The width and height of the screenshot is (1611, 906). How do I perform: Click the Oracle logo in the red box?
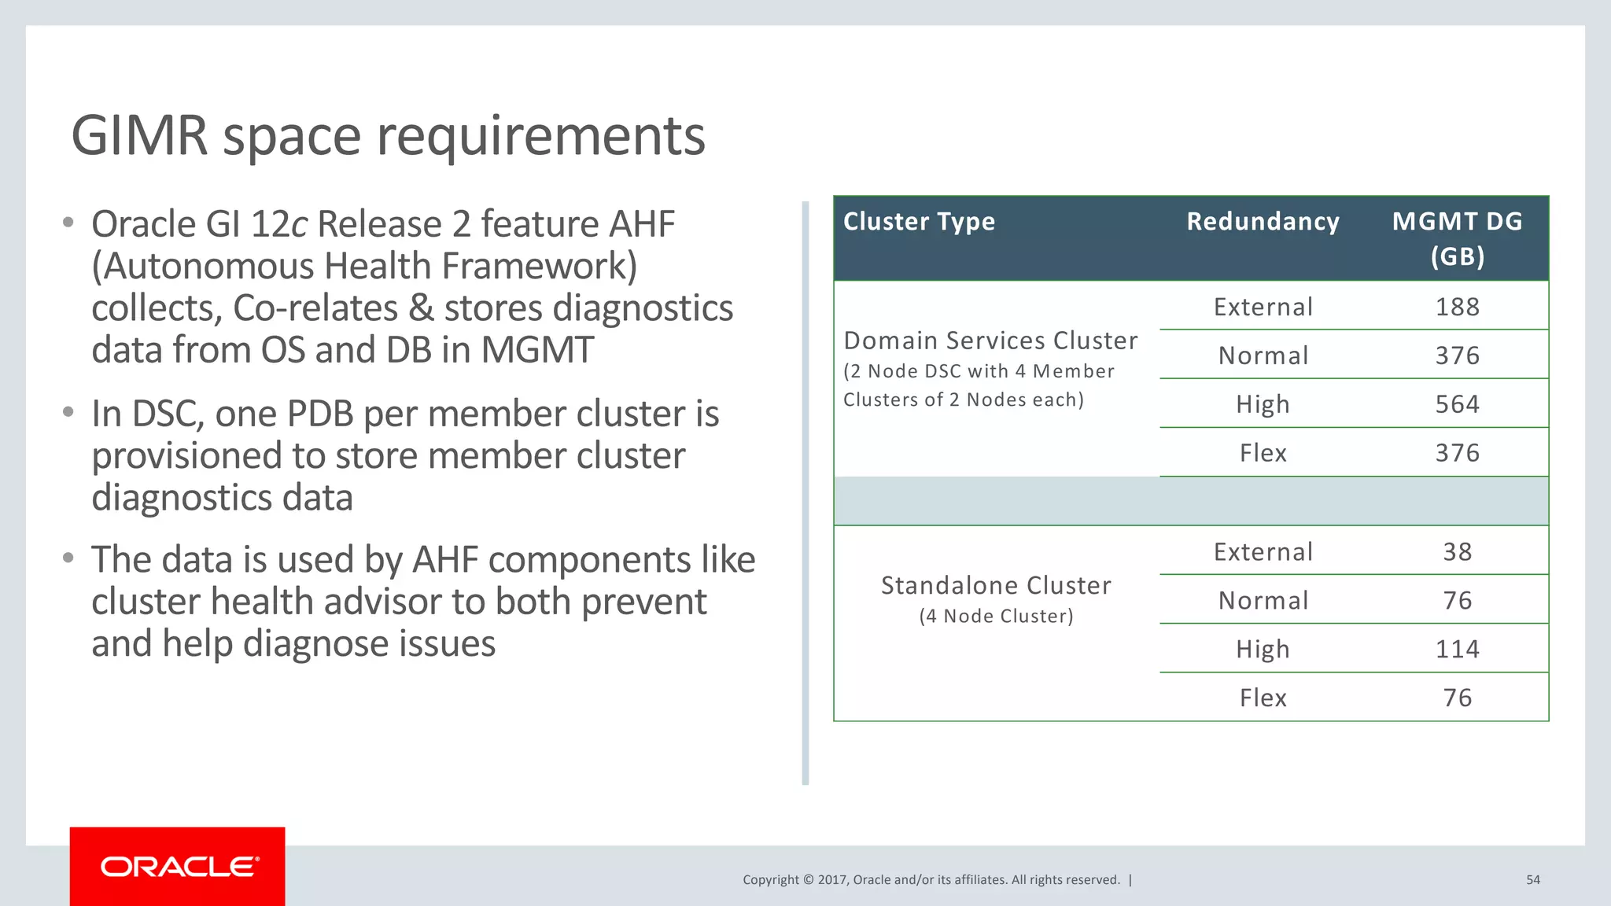click(179, 867)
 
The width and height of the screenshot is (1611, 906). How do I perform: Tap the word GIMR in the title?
click(138, 135)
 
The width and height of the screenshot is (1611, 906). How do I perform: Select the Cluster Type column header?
click(919, 222)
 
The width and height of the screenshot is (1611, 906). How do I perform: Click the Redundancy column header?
click(1263, 222)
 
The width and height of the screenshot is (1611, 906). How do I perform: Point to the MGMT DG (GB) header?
click(1457, 238)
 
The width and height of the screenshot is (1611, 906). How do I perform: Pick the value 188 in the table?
click(1457, 307)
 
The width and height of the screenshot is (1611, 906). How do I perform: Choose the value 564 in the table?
click(1457, 404)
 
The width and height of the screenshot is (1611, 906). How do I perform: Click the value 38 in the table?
click(1457, 552)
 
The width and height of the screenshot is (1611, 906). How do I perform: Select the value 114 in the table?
click(1457, 650)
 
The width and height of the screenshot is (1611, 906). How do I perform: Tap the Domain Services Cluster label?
click(990, 341)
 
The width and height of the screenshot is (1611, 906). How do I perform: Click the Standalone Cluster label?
click(996, 586)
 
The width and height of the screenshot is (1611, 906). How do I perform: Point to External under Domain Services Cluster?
click(1263, 307)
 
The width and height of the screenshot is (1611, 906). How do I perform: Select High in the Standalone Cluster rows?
click(1263, 650)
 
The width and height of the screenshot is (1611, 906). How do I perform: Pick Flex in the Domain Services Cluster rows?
click(1263, 453)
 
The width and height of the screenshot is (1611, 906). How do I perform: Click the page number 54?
click(1532, 880)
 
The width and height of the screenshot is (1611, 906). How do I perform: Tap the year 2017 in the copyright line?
click(831, 880)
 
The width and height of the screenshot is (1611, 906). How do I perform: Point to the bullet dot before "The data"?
click(68, 558)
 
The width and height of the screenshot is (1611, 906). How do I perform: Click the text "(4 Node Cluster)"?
click(996, 617)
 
